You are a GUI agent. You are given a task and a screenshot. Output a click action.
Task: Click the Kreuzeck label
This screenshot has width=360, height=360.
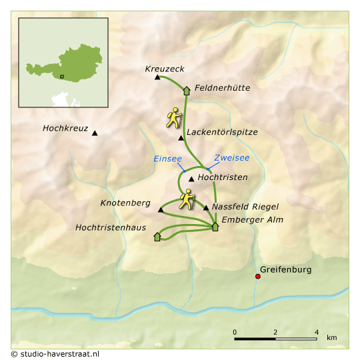click(x=165, y=69)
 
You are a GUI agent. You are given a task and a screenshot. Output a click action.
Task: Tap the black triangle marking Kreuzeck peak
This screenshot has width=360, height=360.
click(x=157, y=77)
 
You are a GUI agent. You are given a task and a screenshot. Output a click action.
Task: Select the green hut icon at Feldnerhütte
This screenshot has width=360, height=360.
click(x=187, y=89)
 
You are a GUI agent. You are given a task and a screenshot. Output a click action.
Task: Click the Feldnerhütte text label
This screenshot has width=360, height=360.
click(x=222, y=87)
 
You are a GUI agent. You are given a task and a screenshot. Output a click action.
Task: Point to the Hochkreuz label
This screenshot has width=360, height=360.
click(x=65, y=128)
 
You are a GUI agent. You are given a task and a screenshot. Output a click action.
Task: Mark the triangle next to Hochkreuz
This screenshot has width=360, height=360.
click(x=95, y=134)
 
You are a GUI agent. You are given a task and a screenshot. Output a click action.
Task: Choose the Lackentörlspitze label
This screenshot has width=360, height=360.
click(x=222, y=132)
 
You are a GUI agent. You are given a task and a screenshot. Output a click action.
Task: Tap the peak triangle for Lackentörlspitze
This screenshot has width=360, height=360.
click(x=181, y=138)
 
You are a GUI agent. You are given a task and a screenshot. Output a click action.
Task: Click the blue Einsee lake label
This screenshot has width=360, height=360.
click(x=167, y=159)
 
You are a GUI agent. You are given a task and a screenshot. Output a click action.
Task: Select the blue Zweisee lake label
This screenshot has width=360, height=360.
click(x=232, y=158)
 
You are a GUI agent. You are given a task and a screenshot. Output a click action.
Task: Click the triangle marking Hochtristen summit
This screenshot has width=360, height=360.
click(x=191, y=179)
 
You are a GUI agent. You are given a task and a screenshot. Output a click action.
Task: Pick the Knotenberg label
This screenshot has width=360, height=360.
click(x=125, y=203)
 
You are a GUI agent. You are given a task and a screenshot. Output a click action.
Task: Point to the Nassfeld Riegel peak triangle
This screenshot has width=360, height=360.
click(x=206, y=207)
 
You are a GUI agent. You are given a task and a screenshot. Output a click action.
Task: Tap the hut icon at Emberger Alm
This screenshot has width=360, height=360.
click(x=215, y=227)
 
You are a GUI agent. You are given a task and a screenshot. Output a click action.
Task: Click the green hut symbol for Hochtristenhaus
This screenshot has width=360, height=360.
click(x=157, y=235)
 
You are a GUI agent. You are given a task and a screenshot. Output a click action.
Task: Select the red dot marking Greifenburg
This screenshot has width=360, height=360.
click(x=258, y=277)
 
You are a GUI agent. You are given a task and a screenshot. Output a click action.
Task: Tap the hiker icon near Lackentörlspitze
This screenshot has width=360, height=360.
click(x=175, y=117)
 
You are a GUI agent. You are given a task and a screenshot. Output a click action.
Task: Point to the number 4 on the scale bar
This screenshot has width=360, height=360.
click(x=317, y=331)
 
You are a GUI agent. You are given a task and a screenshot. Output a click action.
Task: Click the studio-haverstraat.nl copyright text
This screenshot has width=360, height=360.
click(x=55, y=353)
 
